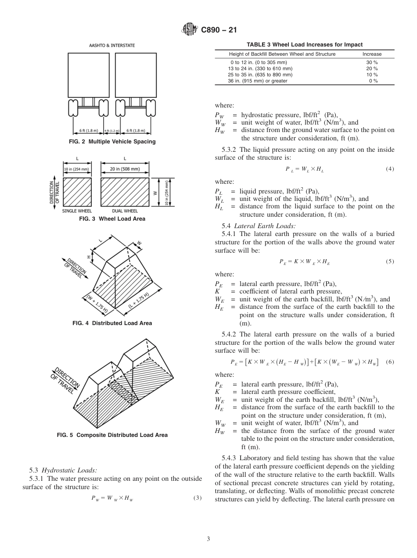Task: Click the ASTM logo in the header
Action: [x=190, y=30]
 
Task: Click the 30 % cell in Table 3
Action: [x=372, y=62]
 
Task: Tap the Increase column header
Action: [x=372, y=54]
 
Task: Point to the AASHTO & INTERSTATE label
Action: [x=112, y=45]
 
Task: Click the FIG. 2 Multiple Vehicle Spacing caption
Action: [x=112, y=142]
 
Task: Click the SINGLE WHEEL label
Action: [x=77, y=211]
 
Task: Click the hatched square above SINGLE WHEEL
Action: [x=77, y=192]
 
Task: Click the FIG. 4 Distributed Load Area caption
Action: [x=112, y=323]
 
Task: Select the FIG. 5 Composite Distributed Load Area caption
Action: [x=112, y=435]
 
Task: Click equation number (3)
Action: [x=197, y=498]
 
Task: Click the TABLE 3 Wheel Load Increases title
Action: [x=304, y=44]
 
